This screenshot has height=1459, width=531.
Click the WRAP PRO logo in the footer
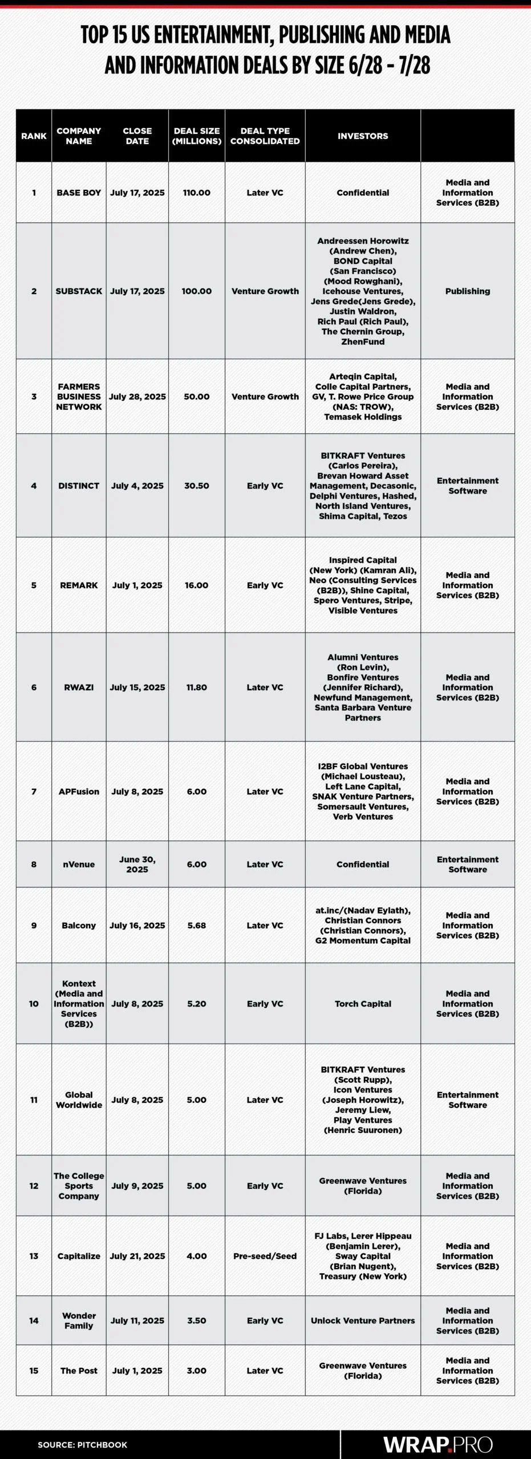[x=437, y=1444]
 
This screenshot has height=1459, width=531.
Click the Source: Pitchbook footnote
[x=82, y=1445]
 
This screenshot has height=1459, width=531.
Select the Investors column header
[x=363, y=136]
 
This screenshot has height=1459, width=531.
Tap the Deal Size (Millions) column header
[x=197, y=136]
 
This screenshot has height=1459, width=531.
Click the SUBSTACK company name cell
[x=79, y=291]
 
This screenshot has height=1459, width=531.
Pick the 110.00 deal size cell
[x=197, y=193]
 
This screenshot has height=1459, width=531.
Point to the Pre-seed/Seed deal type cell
[x=265, y=1256]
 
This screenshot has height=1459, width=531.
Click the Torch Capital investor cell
[x=363, y=1004]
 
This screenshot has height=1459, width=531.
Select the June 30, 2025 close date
[x=137, y=865]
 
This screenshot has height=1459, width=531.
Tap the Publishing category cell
[x=468, y=291]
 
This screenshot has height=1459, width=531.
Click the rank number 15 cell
[x=34, y=1371]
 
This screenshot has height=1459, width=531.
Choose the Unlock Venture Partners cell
[x=363, y=1321]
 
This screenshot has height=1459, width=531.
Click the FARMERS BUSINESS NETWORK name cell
[x=79, y=397]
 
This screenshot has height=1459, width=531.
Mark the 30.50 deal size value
[x=197, y=486]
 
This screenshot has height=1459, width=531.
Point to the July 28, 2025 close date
[x=137, y=397]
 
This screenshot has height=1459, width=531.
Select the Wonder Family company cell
[x=79, y=1321]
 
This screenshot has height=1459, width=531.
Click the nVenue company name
[x=79, y=865]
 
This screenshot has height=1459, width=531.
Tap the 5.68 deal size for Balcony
[x=197, y=926]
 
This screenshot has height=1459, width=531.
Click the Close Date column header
[x=137, y=136]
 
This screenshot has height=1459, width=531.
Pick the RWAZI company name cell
[x=79, y=687]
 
